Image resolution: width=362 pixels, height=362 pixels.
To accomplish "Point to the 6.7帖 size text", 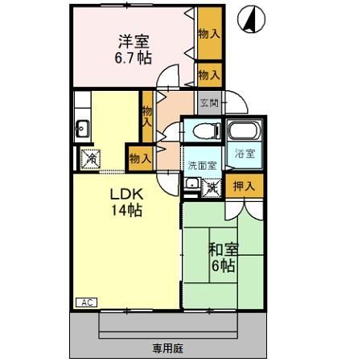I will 133,59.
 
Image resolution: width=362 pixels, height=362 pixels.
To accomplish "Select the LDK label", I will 126,195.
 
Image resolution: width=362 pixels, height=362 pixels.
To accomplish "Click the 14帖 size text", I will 126,211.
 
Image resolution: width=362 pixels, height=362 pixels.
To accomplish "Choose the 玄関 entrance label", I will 209,102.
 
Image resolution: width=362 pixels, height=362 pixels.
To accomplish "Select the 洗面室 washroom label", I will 202,165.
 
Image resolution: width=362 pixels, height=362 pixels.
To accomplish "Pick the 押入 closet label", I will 244,186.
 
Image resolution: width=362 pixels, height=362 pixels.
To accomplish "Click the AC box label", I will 87,302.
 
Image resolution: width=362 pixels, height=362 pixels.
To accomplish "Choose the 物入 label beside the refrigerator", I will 139,158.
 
